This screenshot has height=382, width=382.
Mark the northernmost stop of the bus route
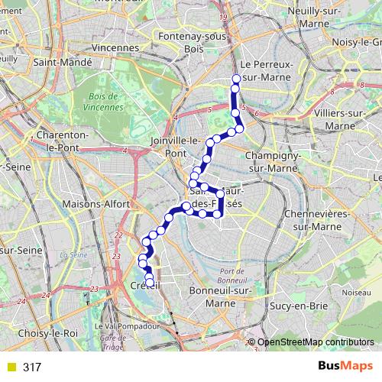(x=237, y=79)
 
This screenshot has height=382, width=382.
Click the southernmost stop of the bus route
(x=150, y=283)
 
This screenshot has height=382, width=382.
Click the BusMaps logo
(x=345, y=367)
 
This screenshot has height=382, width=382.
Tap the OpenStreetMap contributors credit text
(x=315, y=342)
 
